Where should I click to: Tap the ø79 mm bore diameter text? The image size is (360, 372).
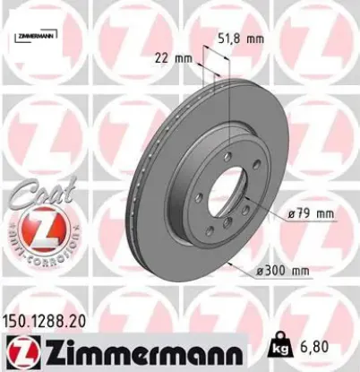312,213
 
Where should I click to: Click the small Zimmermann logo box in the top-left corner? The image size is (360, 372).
33,35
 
